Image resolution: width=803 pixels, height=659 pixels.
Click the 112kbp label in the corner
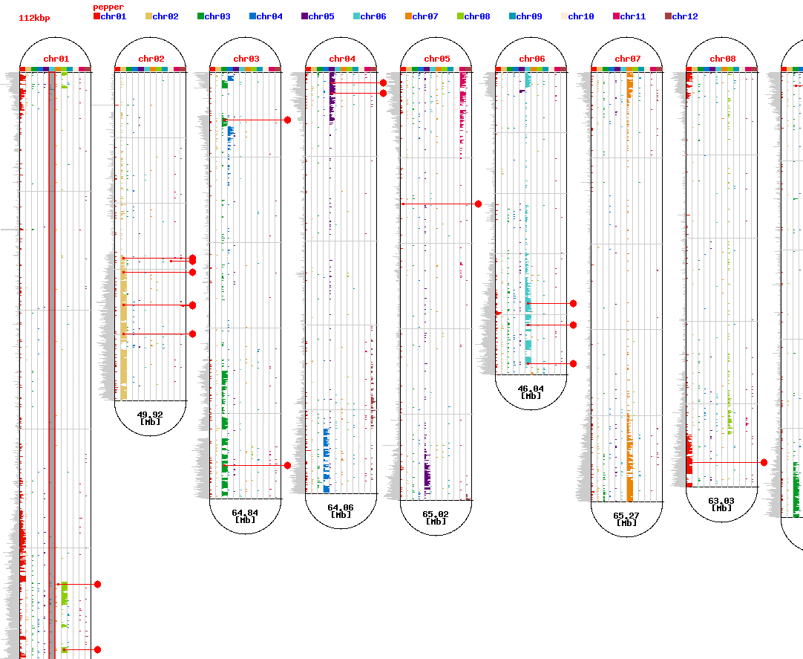34,18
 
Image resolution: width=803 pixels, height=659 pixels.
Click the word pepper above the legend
108,7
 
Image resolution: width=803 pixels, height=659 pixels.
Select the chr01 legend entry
110,16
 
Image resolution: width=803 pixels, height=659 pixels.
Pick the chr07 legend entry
422,16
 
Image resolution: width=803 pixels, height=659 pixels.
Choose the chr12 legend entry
681,16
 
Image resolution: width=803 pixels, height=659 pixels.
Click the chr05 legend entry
318,16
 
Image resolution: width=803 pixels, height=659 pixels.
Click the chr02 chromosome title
151,59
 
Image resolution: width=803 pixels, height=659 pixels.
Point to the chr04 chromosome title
342,59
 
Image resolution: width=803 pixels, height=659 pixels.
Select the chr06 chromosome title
531,59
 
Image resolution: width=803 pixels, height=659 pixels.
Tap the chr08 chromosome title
722,59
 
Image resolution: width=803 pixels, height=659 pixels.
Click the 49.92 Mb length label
151,418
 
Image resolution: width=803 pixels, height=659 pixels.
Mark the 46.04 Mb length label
531,392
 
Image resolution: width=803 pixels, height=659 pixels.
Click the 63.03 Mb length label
721,504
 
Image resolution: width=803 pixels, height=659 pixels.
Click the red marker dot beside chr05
478,204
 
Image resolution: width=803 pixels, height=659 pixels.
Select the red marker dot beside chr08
764,462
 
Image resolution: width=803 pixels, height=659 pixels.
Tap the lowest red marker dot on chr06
573,363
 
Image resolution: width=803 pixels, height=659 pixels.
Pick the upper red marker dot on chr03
287,120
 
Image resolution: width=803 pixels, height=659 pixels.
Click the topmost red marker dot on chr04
383,82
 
